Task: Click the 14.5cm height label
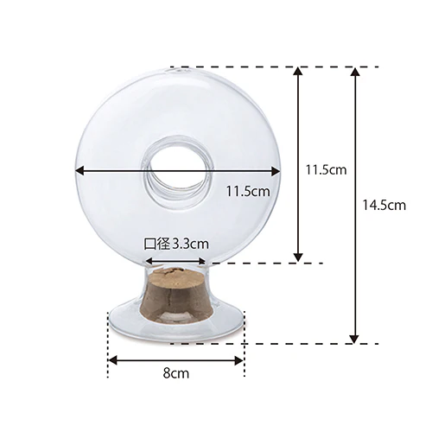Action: pyautogui.click(x=384, y=206)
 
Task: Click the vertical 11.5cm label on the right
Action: pyautogui.click(x=326, y=170)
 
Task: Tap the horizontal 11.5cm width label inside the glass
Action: pyautogui.click(x=248, y=191)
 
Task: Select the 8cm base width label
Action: pyautogui.click(x=176, y=373)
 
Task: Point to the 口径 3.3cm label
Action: pyautogui.click(x=176, y=245)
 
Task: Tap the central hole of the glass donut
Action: pyautogui.click(x=177, y=169)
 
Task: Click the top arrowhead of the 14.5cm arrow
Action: pyautogui.click(x=355, y=72)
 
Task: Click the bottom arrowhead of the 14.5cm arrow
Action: pyautogui.click(x=355, y=339)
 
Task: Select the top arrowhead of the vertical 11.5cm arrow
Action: pyautogui.click(x=298, y=72)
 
